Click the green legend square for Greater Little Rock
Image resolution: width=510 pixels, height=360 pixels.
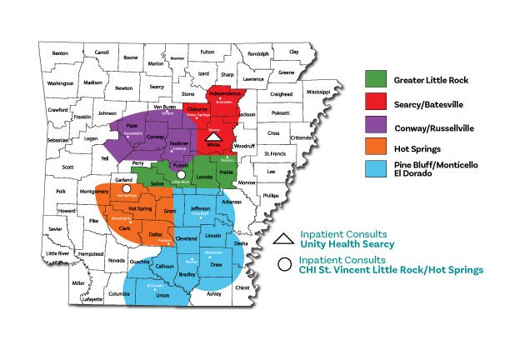click(x=375, y=80)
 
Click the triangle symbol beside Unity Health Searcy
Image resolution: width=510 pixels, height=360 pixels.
click(x=282, y=239)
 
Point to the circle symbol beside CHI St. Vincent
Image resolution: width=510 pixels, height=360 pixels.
click(x=283, y=265)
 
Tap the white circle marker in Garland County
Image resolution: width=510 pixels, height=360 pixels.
click(x=125, y=189)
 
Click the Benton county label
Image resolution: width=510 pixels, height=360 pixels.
click(x=60, y=53)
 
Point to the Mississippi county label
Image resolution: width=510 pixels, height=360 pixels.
click(x=318, y=91)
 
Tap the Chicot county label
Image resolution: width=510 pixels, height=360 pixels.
click(x=242, y=287)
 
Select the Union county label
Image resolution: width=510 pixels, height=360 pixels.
click(x=162, y=295)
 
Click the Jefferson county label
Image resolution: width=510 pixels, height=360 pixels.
click(x=200, y=208)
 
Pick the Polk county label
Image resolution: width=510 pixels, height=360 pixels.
click(x=61, y=191)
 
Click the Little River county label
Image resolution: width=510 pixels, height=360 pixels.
click(x=58, y=253)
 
